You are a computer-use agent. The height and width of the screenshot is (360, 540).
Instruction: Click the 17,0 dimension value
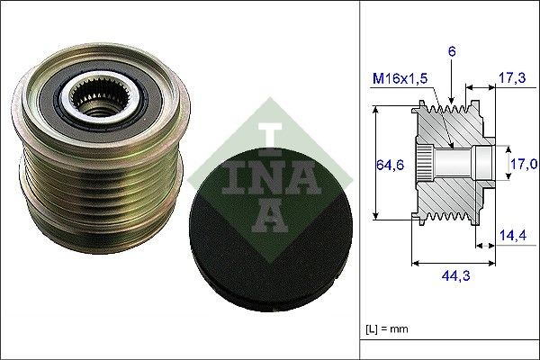click(523, 164)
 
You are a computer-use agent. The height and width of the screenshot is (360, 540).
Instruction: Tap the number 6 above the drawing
click(452, 53)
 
